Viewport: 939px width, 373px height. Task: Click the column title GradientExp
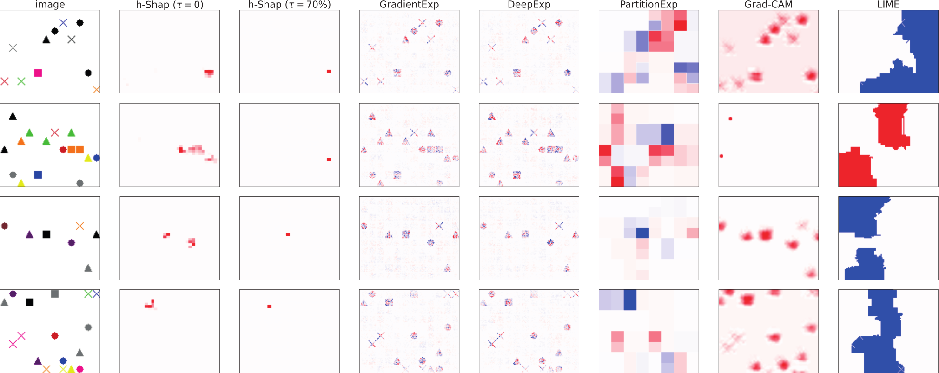[409, 5]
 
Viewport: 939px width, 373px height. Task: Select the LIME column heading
[888, 5]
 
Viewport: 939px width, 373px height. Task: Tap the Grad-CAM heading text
[768, 5]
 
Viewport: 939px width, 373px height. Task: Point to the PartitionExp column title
[648, 5]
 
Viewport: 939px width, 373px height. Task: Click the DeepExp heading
[529, 5]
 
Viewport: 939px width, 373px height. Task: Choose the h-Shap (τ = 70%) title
[289, 5]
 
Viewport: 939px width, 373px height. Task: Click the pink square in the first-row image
[38, 73]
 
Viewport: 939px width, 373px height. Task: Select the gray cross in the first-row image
[13, 47]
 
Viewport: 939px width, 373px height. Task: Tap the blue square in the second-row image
[38, 175]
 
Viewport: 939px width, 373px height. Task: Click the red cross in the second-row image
[55, 133]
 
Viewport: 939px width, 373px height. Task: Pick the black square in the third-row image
[46, 234]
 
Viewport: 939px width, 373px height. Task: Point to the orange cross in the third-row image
[80, 226]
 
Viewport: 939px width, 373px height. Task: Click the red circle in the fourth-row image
[55, 335]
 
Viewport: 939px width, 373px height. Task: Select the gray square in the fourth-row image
[55, 293]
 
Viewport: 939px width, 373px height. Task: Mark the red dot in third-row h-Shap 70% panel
[288, 234]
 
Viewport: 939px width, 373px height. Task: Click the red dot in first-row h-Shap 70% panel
[329, 71]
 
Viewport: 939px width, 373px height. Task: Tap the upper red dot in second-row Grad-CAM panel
[730, 119]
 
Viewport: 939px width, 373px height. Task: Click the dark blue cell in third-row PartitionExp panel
[642, 233]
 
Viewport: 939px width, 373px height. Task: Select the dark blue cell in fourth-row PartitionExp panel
[630, 300]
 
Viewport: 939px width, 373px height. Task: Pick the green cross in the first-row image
[21, 81]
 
